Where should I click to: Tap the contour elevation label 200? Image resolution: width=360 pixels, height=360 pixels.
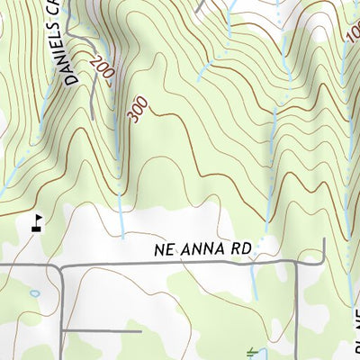(101, 70)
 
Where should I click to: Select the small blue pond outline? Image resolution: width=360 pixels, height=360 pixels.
(34, 293)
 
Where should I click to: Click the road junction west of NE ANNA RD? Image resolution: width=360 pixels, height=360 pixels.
(60, 265)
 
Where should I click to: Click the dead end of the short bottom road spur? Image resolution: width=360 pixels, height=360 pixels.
(141, 331)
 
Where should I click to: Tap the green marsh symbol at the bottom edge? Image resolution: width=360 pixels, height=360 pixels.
(253, 354)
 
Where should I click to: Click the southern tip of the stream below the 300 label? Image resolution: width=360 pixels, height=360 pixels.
(122, 236)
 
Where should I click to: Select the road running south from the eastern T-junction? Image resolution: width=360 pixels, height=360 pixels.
(300, 306)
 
